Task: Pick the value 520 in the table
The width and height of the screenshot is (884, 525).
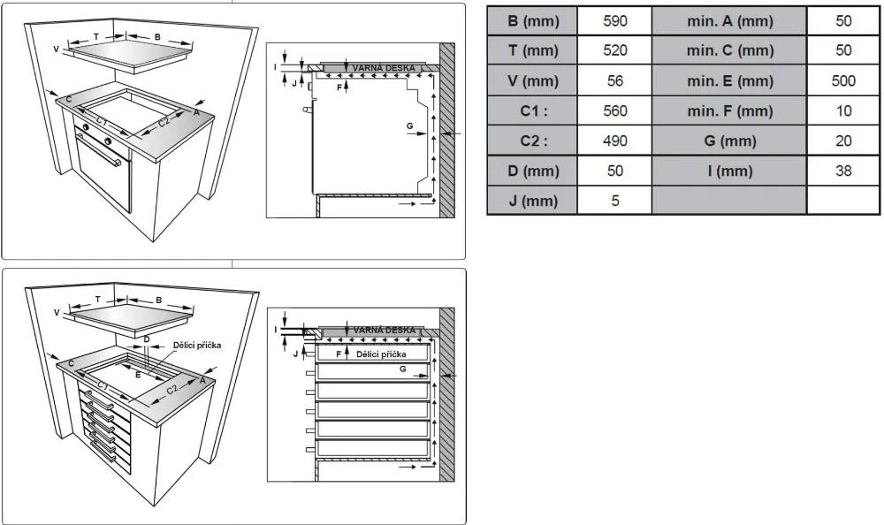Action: coord(614,50)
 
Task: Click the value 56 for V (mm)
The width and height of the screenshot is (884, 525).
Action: coord(614,80)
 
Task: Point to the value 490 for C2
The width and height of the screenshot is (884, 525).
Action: coord(614,141)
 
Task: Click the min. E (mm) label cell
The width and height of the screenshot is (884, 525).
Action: coord(729,80)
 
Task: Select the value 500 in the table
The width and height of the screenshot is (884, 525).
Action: coord(843,80)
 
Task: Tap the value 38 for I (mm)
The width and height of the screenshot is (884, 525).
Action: coord(843,171)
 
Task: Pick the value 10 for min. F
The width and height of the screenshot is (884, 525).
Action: coord(843,110)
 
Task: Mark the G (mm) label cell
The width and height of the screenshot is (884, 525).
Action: coord(729,141)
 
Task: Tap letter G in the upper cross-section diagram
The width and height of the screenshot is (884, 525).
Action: coord(409,126)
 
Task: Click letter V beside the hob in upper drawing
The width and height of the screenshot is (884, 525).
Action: coord(56,49)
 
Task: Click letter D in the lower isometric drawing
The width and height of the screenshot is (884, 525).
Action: coord(147,339)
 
